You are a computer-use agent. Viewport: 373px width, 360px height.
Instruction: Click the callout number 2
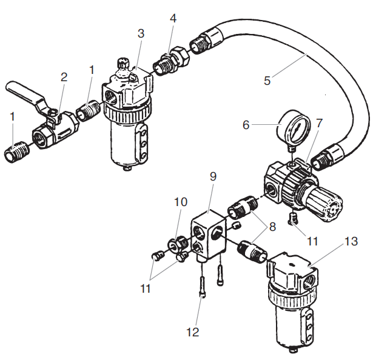click(x=64, y=77)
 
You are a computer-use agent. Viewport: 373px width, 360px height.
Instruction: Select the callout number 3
click(x=141, y=33)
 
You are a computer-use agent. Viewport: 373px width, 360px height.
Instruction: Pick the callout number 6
click(x=246, y=125)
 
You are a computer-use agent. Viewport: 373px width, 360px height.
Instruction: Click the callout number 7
click(x=320, y=123)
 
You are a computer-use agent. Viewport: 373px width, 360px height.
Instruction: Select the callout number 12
click(x=192, y=333)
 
